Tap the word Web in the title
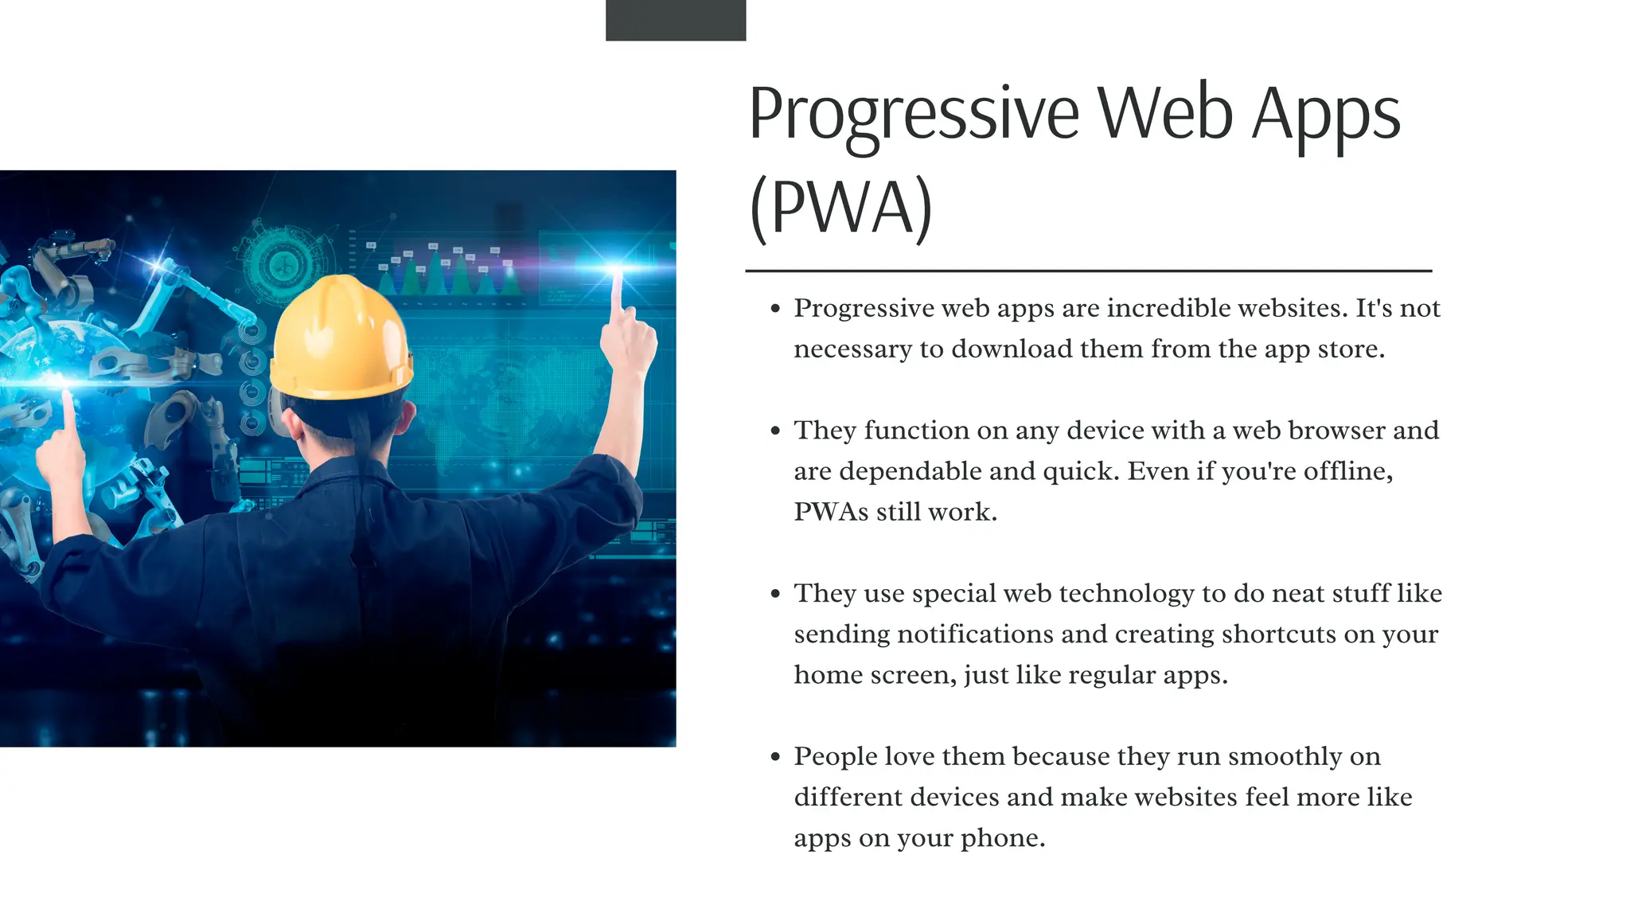coord(1166,114)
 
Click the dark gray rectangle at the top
coord(676,20)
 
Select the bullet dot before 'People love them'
coord(776,757)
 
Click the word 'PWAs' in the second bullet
coord(831,512)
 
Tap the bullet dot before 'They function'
coord(776,431)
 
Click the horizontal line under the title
coord(1088,271)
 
